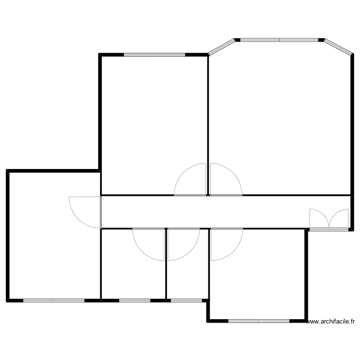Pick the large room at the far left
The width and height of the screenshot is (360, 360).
(53, 240)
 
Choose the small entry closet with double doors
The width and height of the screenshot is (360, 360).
(329, 219)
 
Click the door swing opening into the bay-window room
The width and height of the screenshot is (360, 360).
(224, 180)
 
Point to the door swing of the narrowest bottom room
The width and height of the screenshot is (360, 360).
(182, 244)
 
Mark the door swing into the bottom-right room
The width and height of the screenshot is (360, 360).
(226, 244)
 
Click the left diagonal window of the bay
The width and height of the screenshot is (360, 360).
(221, 47)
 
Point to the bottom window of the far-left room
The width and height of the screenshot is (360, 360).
(53, 300)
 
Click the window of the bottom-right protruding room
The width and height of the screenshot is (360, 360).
(258, 321)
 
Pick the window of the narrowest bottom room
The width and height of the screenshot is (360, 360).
(186, 300)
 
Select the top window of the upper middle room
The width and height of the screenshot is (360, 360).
(154, 55)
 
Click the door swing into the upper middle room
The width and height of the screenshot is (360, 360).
(191, 180)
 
